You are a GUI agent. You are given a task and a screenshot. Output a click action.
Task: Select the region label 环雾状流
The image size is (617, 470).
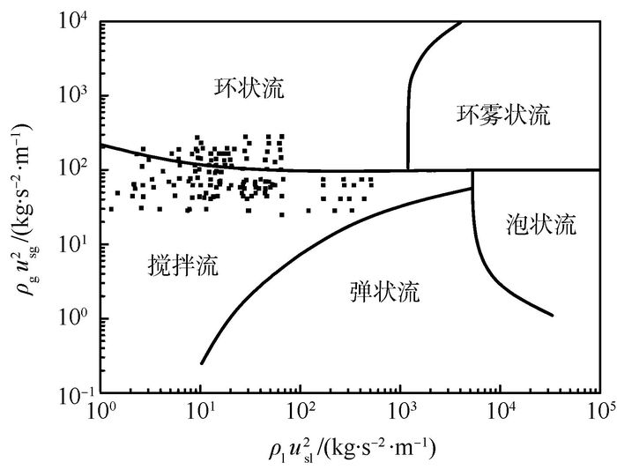503,115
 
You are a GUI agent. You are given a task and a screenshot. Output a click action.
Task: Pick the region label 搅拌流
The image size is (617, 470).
182,264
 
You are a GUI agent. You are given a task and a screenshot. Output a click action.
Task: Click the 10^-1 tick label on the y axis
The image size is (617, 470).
75,393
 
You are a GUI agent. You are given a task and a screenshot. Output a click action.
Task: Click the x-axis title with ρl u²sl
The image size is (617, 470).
352,448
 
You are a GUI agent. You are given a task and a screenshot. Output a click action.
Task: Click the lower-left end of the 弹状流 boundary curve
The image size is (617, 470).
202,362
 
